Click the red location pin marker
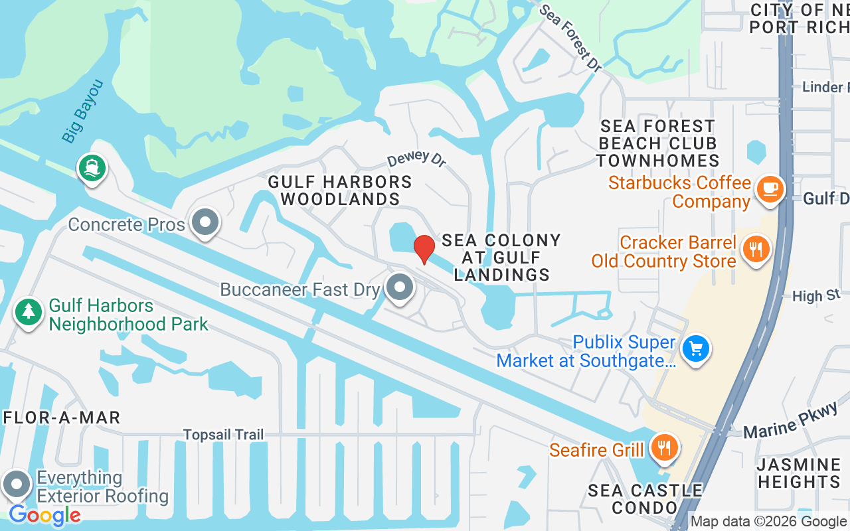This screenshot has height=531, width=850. (x=424, y=249)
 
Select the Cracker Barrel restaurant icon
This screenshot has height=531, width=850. (x=755, y=249)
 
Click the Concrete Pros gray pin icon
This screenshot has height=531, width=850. (x=205, y=222)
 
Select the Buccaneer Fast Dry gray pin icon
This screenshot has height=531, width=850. (x=399, y=287)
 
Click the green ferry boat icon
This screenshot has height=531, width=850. (x=92, y=167)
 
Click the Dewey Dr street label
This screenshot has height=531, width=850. (x=416, y=159)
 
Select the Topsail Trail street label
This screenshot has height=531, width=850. (x=224, y=435)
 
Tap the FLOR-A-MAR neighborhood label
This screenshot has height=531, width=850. (x=62, y=417)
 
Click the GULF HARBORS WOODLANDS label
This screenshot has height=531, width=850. (x=340, y=190)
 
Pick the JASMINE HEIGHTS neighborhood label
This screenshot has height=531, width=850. (x=799, y=473)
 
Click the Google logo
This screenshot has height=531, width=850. (x=44, y=515)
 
